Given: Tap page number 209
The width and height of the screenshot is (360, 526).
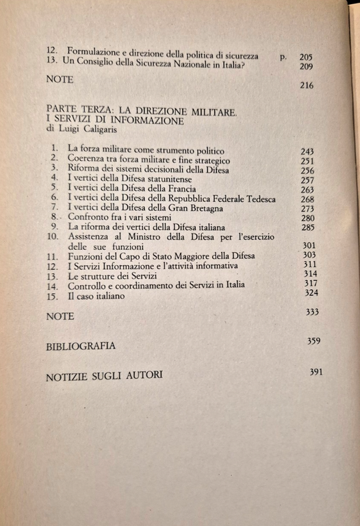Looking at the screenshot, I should pos(305,67).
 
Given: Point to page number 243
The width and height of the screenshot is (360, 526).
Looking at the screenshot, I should pos(308,149).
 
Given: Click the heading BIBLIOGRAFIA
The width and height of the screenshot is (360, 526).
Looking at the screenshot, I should pos(81,347).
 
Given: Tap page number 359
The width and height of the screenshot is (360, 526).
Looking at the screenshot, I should pos(315,340).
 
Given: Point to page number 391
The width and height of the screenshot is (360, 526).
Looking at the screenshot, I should pos(316,371).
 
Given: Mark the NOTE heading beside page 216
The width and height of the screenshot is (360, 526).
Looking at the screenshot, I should pos(60,79).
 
